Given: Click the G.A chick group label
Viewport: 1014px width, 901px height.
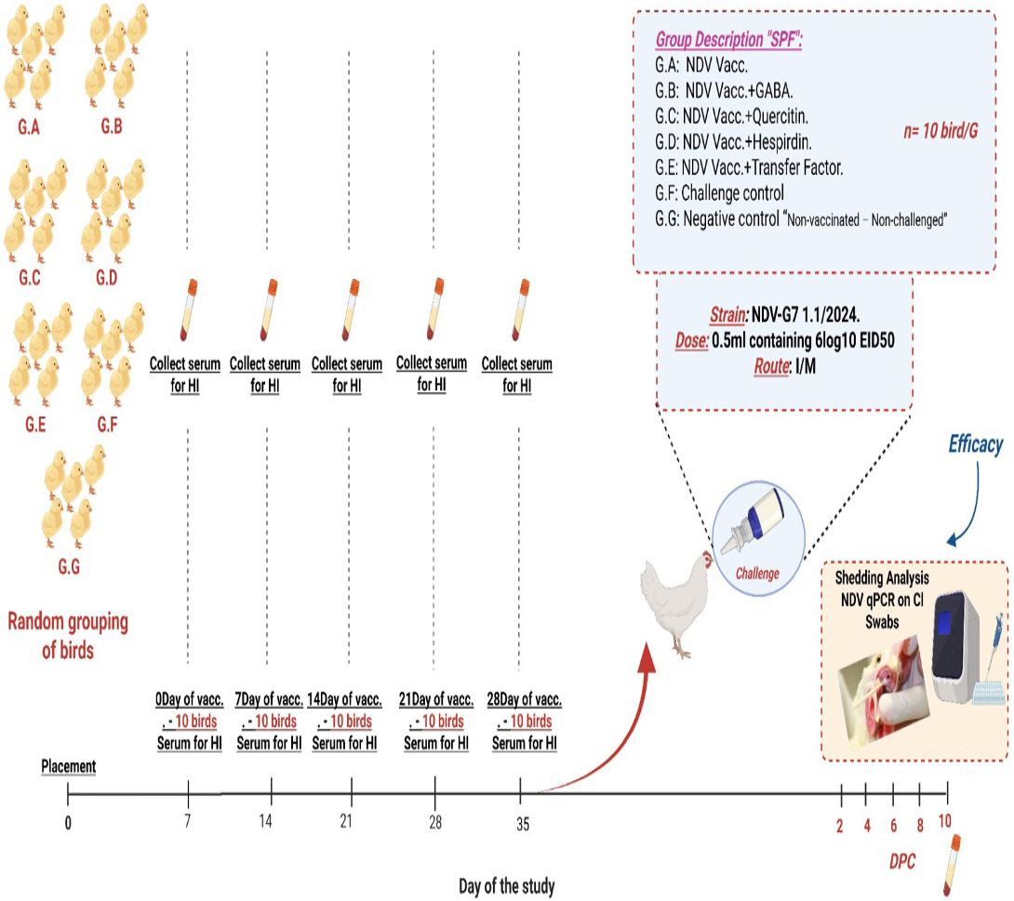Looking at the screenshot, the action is click(29, 126).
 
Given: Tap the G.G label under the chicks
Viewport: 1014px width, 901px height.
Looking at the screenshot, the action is click(69, 567).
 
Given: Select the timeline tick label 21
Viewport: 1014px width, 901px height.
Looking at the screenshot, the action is click(347, 822).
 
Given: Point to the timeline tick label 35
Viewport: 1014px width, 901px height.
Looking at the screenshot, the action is click(523, 824).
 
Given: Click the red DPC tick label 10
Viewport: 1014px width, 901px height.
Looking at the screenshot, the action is click(945, 822).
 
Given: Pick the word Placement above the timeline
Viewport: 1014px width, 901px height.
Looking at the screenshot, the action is click(69, 766).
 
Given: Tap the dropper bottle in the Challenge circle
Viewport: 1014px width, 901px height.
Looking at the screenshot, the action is click(756, 521).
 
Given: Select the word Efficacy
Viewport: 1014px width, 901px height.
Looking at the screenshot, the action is click(975, 444).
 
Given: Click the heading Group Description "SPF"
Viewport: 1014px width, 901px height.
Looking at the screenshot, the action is click(728, 40).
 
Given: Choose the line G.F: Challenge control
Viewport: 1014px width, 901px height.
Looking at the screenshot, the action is click(719, 192).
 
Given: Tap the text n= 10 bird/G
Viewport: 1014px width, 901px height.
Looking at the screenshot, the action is click(941, 131).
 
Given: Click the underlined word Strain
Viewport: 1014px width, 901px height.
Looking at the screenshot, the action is click(727, 315).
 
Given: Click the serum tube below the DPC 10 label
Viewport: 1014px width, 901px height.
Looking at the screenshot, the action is click(952, 866).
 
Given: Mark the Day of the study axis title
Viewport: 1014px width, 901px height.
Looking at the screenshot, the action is click(507, 886).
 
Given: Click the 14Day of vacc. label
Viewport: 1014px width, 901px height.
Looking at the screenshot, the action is click(344, 699).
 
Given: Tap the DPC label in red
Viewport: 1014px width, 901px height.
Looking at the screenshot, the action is click(902, 862).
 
